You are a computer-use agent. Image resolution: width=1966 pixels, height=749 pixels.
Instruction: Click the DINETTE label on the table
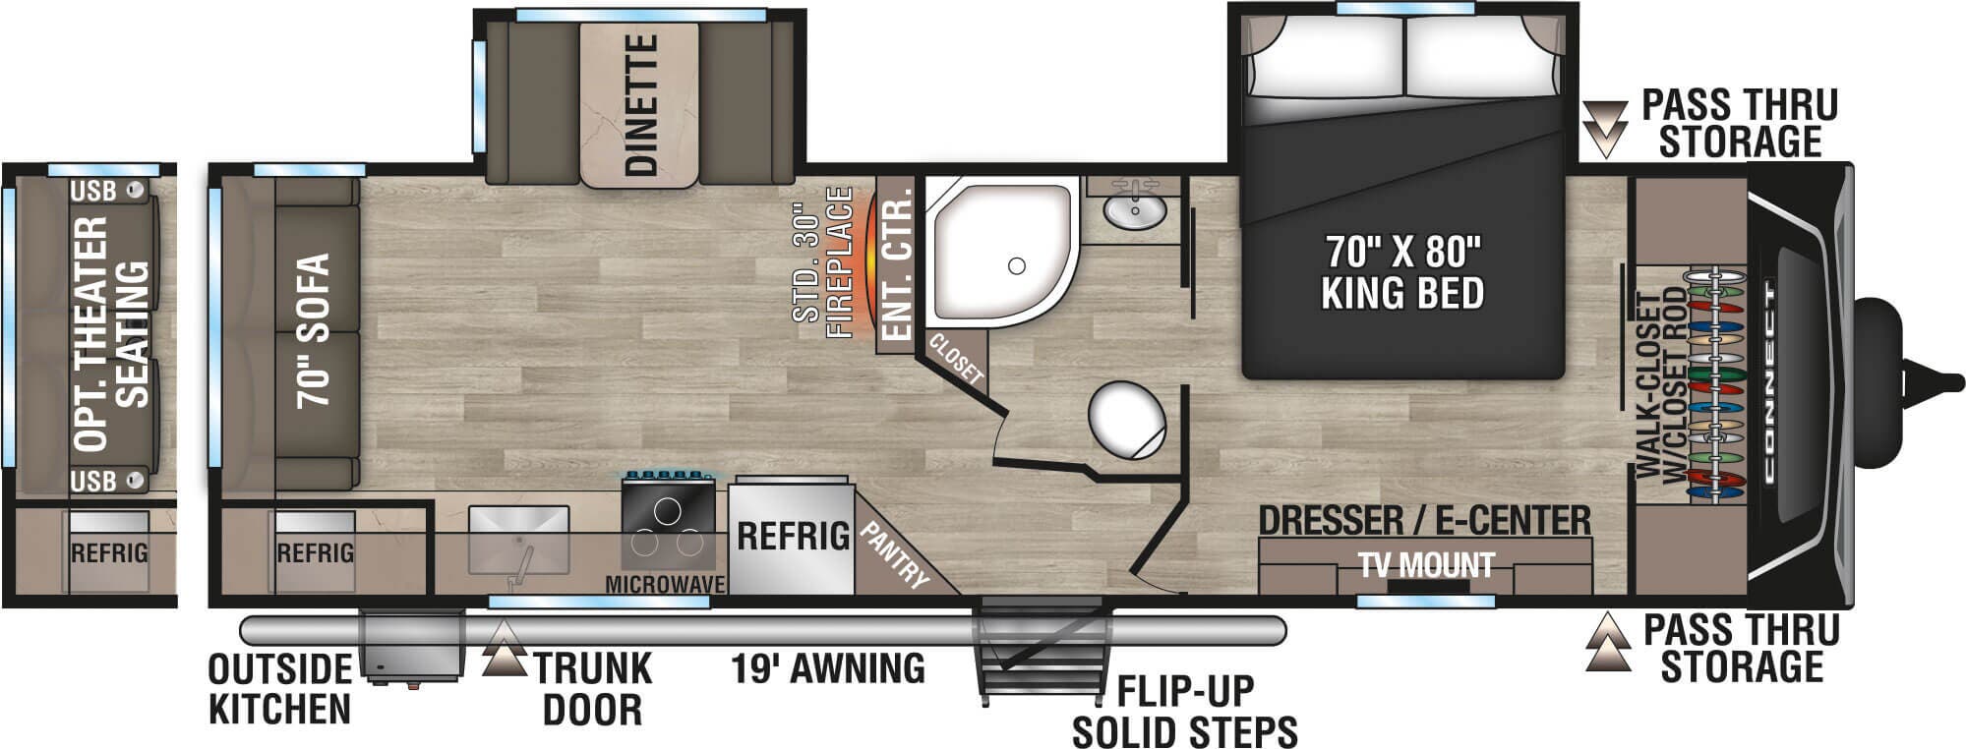coord(640,105)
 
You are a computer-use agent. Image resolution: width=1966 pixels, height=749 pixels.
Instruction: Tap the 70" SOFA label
coord(314,330)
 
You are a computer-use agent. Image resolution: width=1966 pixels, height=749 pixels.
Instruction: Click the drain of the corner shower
coord(1017,265)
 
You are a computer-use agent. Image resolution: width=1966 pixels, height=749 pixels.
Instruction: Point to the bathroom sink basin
coord(1135,209)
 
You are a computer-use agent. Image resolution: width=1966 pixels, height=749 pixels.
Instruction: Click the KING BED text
coord(1402,294)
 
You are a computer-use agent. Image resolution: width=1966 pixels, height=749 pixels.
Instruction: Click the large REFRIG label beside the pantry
coord(793,536)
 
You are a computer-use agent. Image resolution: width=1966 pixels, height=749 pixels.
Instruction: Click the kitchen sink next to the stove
coord(518,540)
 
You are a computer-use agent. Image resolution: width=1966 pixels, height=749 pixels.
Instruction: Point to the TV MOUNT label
coord(1427,565)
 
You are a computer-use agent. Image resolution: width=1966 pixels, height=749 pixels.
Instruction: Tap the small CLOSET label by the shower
coord(955,358)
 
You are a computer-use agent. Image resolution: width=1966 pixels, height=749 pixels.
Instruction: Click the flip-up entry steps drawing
coord(1044,648)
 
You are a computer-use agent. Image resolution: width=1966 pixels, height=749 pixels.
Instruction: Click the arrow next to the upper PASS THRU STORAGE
coord(1605,128)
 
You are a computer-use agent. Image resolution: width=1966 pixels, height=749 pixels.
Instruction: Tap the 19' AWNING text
coord(827,668)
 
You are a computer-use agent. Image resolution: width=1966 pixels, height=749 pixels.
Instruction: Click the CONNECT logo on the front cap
coord(1769,382)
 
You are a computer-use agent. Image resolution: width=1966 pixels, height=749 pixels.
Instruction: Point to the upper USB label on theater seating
coord(92,191)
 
